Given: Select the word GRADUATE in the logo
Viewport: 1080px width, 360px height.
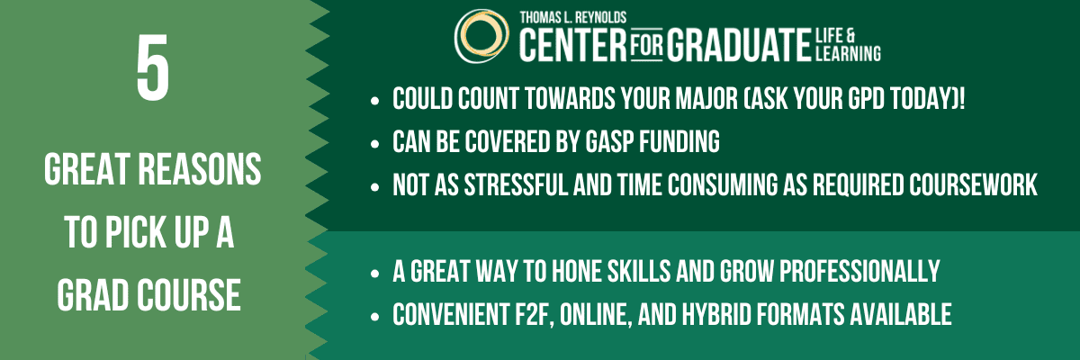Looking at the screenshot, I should click(734, 43).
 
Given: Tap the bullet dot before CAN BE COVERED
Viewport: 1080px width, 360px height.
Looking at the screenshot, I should click(373, 143).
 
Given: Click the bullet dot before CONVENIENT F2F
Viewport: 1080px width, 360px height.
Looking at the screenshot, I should click(373, 316).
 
